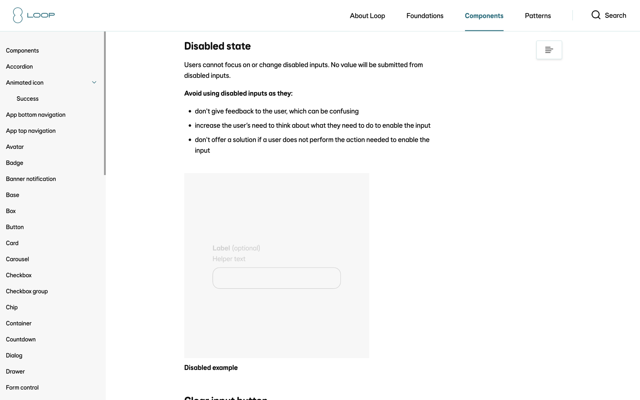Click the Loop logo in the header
(x=34, y=15)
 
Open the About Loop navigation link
(x=367, y=16)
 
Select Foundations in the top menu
(x=425, y=16)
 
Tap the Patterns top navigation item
(x=537, y=16)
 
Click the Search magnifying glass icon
(x=596, y=15)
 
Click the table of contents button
(x=549, y=50)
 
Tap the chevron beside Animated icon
(x=94, y=83)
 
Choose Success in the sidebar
(x=28, y=99)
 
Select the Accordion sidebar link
(x=19, y=67)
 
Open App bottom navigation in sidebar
(x=36, y=115)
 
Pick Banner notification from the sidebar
(x=31, y=179)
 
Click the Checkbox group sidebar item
(x=27, y=291)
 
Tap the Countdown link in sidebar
(x=21, y=339)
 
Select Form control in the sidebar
(x=22, y=388)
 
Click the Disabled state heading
(x=217, y=46)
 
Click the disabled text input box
(x=276, y=278)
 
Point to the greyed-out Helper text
(x=229, y=259)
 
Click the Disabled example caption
(x=211, y=368)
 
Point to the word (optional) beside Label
(x=246, y=248)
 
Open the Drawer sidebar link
(x=15, y=371)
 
